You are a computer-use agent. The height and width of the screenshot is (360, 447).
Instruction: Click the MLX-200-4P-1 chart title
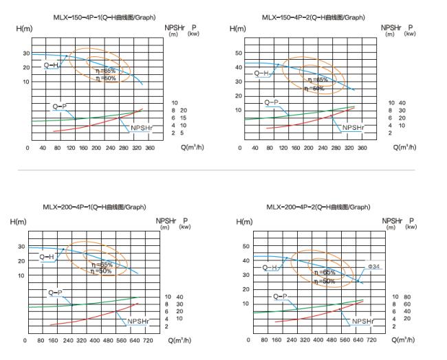pos(95,207)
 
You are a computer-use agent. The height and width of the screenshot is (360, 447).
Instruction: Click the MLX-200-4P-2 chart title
pos(318,207)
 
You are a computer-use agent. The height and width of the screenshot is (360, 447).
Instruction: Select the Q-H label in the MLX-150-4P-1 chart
pos(52,65)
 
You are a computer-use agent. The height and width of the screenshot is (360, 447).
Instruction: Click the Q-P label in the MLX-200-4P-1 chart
pos(55,292)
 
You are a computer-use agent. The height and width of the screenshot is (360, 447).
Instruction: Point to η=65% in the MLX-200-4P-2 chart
pos(325,273)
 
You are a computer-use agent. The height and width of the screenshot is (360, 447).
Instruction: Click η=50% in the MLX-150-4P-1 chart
pos(105,78)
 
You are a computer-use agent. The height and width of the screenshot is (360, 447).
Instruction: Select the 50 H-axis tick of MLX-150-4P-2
pos(239,52)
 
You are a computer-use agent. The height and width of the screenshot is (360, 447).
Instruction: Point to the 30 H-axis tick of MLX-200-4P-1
pos(21,247)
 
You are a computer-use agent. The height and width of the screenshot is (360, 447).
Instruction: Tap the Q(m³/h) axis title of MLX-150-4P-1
pos(193,147)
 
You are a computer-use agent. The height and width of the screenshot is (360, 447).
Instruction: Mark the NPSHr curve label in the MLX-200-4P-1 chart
pos(138,321)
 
